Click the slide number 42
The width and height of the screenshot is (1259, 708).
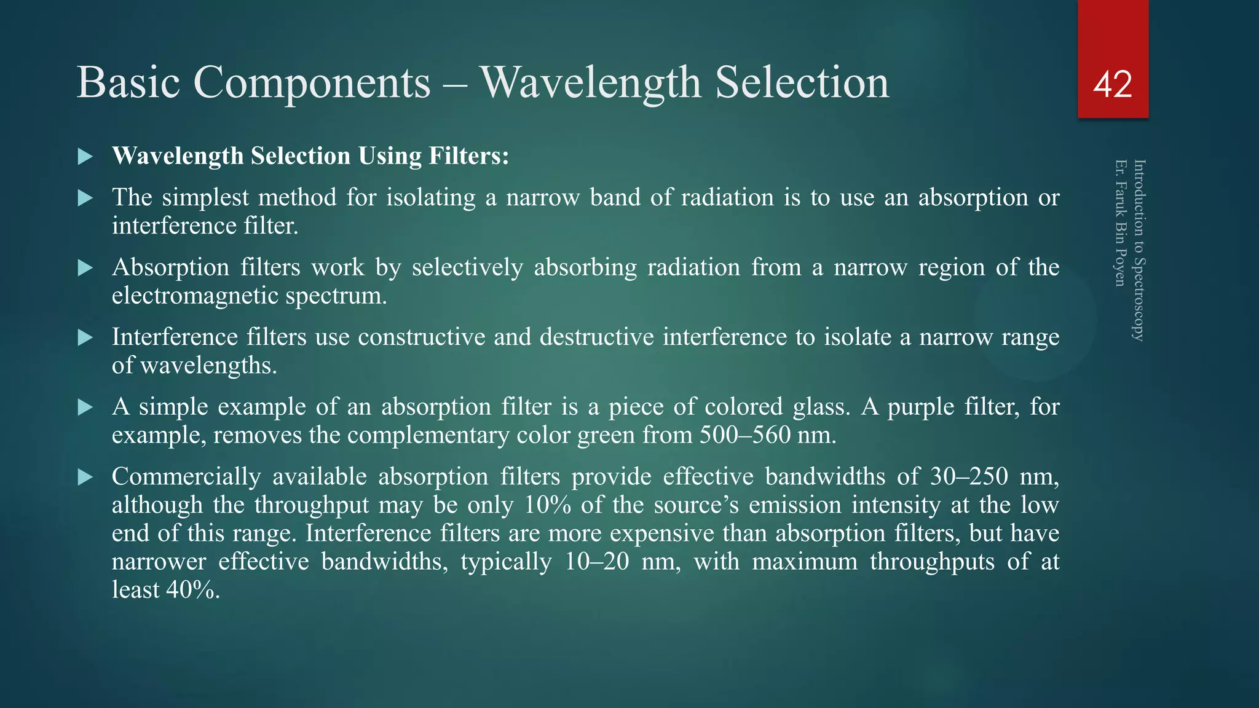pos(1113,84)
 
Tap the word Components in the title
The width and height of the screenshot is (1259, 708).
pos(312,82)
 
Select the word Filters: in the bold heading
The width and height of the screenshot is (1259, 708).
pos(469,156)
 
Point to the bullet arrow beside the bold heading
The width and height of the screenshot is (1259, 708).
pos(85,156)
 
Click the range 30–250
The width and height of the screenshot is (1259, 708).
pos(969,477)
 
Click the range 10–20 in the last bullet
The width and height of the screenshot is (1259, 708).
pos(597,562)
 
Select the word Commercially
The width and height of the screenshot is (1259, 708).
pos(186,477)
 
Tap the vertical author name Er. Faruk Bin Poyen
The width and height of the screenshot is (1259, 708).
pos(1121,223)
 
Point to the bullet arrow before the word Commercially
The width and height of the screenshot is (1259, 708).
pos(85,477)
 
